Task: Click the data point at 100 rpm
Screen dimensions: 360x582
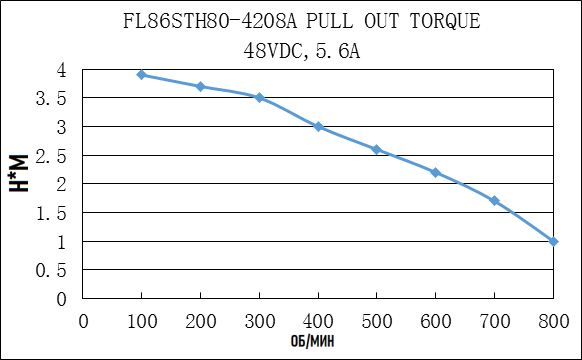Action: pos(142,75)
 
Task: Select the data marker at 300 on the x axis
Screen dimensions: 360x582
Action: pos(259,97)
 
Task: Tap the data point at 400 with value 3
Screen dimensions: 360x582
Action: pos(318,127)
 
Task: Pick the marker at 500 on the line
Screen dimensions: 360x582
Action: pos(377,149)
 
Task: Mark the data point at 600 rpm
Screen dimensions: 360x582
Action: pos(435,172)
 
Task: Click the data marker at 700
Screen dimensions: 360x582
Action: pos(494,201)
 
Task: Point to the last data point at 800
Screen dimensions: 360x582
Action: pos(553,241)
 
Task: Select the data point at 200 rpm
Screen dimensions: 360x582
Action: pos(200,86)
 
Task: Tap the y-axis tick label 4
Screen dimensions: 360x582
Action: pos(61,70)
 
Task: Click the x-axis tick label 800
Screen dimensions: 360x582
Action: pos(553,321)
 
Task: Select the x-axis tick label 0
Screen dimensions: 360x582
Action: pos(83,321)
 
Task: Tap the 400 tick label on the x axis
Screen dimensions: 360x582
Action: pos(318,321)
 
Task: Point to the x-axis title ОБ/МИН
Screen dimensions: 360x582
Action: pos(318,343)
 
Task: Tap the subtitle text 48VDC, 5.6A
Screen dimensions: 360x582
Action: pos(300,48)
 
